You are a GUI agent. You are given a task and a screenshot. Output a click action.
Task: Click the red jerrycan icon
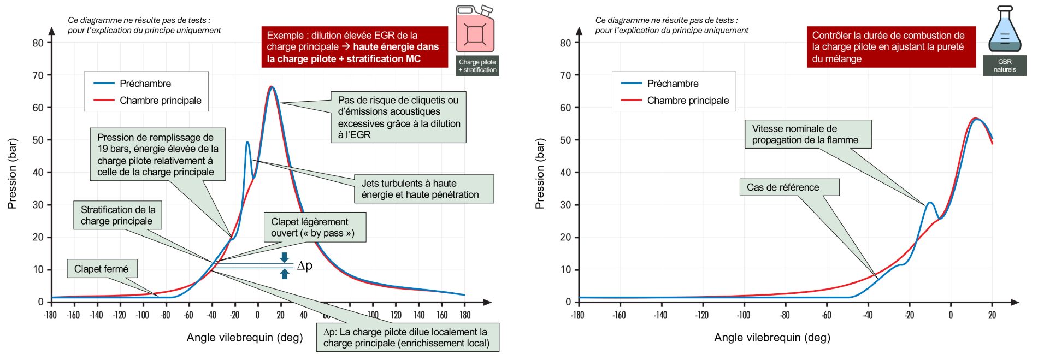point(475,30)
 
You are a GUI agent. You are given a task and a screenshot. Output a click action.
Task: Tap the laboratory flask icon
point(1005,31)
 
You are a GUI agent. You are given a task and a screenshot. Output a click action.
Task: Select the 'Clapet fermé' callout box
point(102,269)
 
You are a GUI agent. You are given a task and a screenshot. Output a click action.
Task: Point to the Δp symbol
point(305,266)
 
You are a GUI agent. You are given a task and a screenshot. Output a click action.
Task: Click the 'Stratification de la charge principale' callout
point(117,215)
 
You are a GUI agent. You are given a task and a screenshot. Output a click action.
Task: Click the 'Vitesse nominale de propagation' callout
point(807,134)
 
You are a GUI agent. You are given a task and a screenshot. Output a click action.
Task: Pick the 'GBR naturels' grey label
point(1004,66)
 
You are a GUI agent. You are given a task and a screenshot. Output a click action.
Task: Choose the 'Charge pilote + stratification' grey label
point(477,66)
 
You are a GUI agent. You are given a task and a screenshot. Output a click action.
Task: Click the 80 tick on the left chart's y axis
point(38,43)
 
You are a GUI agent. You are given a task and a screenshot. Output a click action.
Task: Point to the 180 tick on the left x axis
point(465,315)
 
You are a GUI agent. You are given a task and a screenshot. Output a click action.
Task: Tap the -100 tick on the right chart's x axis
point(744,315)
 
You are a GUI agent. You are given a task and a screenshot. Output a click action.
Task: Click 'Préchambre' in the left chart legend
point(145,84)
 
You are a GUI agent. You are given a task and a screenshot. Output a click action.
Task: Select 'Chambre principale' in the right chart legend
point(688,101)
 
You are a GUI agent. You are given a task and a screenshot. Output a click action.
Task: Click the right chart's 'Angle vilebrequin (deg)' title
point(772,338)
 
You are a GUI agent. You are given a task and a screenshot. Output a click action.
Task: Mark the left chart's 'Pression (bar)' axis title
point(12,173)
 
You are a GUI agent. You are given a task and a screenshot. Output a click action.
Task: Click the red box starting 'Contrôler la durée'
point(891,47)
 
